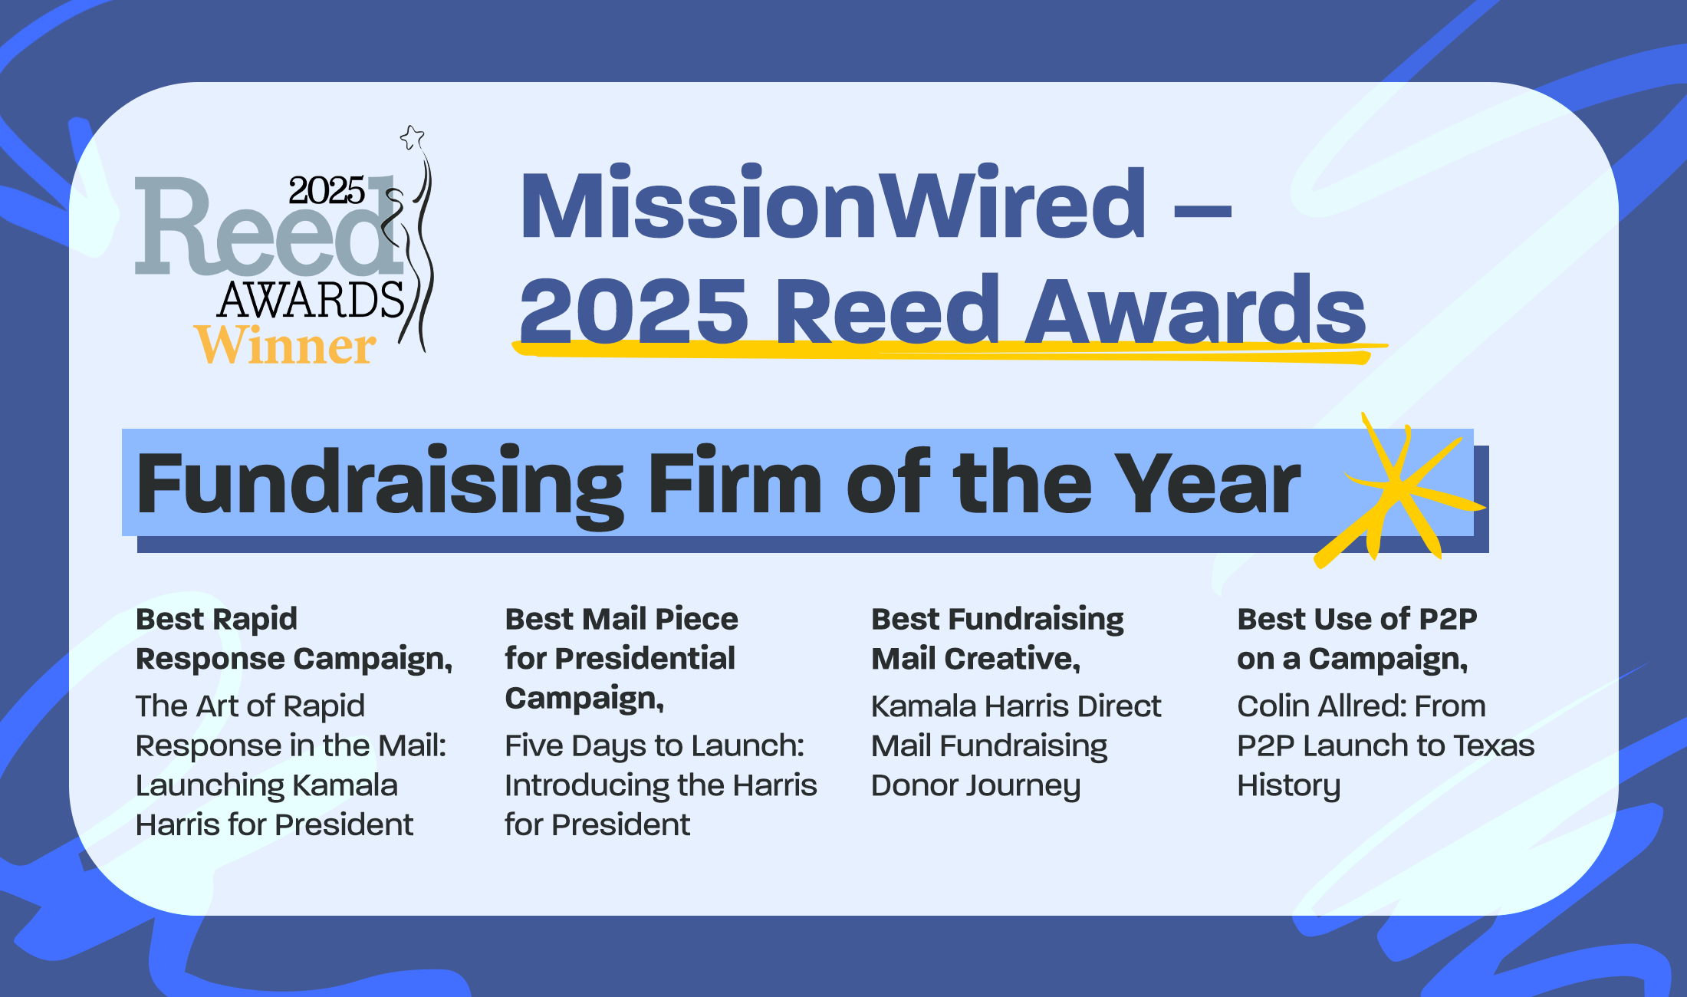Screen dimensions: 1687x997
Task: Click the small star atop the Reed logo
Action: [413, 137]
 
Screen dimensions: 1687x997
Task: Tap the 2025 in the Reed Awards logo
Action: [327, 190]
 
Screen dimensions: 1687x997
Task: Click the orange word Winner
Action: [284, 345]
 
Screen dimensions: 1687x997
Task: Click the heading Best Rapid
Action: [216, 618]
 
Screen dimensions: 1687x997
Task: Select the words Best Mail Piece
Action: [621, 618]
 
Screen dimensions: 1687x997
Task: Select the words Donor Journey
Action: [976, 786]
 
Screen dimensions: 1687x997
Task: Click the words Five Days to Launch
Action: [654, 746]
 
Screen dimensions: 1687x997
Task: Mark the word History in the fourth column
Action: [1289, 786]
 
